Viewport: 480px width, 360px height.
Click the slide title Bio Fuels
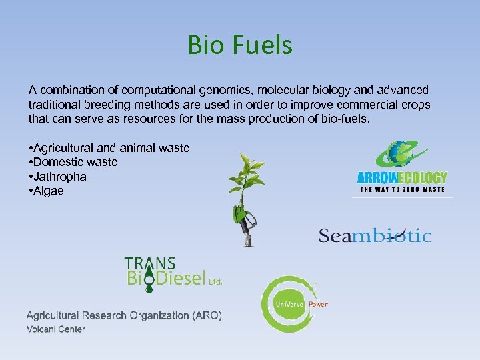240,45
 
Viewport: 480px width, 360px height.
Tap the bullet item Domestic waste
75,162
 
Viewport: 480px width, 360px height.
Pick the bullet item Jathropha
60,177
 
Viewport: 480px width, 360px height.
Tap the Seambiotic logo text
375,235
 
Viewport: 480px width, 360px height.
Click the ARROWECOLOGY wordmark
401,178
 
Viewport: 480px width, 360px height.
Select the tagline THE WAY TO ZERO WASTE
402,190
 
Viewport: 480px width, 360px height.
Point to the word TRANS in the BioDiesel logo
150,263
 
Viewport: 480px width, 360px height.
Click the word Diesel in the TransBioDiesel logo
181,278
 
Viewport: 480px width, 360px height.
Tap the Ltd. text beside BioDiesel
216,282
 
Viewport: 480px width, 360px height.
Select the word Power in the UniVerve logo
318,305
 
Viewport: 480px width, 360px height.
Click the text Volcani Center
56,329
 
